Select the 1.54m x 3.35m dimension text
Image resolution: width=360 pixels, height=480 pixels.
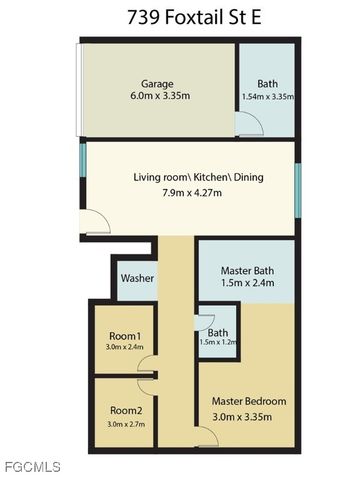(268, 97)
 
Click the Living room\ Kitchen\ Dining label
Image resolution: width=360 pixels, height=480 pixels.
(186, 177)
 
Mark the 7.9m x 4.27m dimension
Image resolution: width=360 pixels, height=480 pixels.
(186, 192)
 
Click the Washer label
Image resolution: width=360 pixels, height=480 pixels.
(137, 278)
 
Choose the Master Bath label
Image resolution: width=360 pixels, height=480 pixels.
(246, 267)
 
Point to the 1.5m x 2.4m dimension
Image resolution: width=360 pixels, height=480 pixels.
(246, 282)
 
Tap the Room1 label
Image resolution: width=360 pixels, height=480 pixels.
(125, 337)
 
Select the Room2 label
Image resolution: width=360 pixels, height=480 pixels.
(125, 410)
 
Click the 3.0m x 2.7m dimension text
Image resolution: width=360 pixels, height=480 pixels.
(125, 423)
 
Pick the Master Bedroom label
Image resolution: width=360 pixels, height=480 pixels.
(249, 401)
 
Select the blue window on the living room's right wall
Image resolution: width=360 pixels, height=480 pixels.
(297, 187)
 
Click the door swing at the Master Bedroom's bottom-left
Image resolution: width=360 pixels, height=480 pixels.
(208, 436)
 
